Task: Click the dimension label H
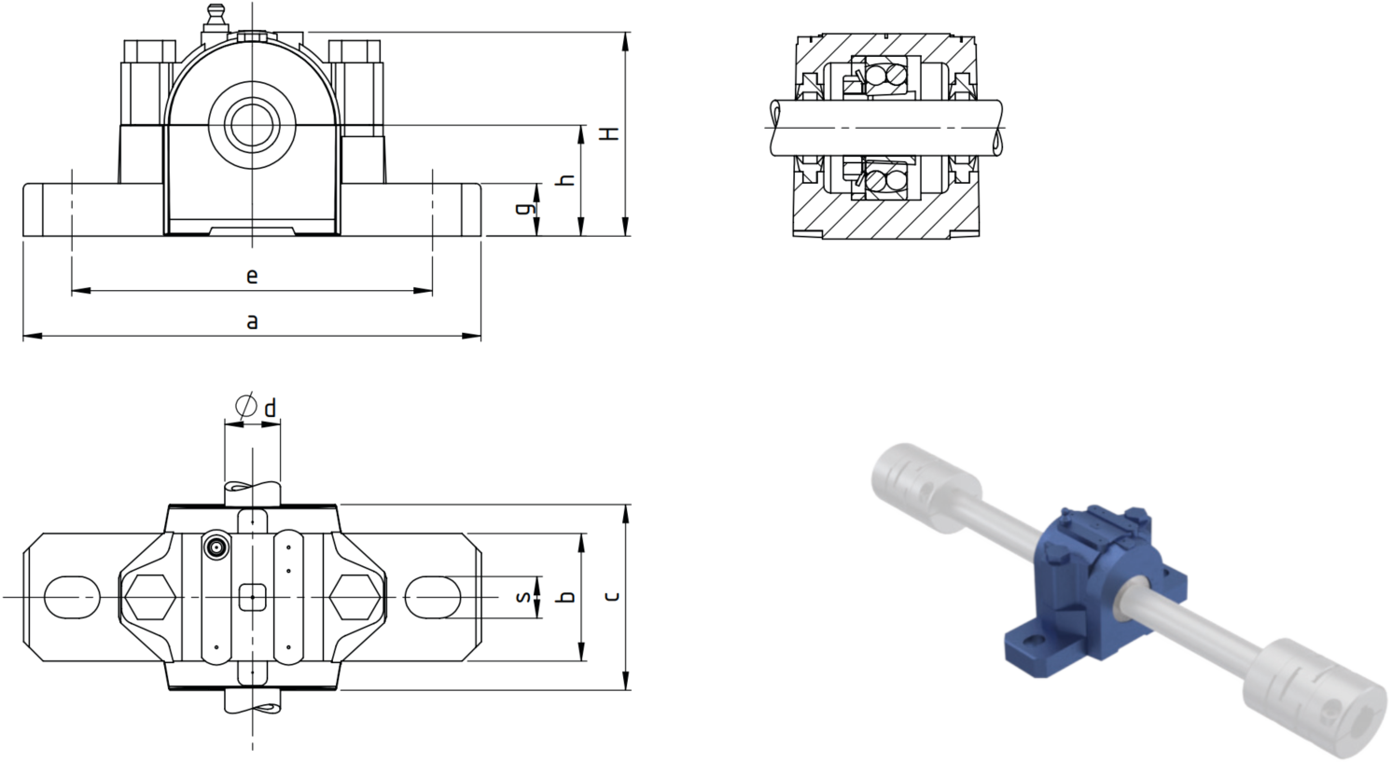[612, 133]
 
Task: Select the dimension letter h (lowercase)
[567, 181]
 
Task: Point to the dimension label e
[252, 276]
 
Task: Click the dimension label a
[252, 322]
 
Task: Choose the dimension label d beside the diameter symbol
[271, 409]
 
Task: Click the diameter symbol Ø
[246, 406]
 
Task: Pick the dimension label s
[523, 597]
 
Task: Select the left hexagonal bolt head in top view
[150, 598]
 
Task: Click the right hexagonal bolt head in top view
[355, 598]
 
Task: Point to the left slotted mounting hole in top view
[72, 598]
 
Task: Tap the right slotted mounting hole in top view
[433, 598]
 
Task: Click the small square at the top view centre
[253, 598]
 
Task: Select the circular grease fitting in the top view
[216, 547]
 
